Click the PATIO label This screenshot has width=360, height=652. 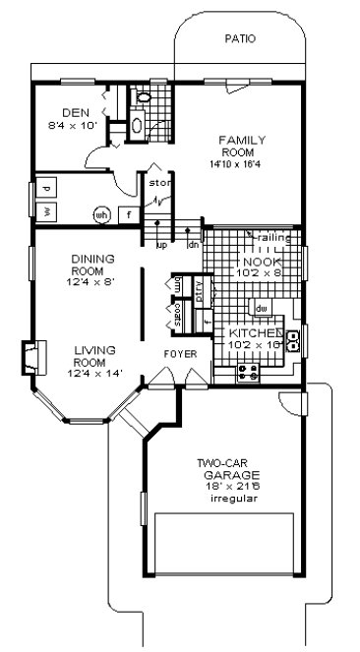[239, 39]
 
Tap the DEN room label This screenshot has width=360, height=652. [75, 111]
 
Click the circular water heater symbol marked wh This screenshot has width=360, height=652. [101, 213]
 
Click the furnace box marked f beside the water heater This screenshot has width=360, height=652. [127, 213]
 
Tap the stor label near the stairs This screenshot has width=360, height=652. [158, 183]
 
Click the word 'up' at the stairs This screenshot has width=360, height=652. [162, 245]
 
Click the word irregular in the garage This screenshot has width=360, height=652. [233, 499]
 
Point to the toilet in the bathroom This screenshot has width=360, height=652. [141, 98]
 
